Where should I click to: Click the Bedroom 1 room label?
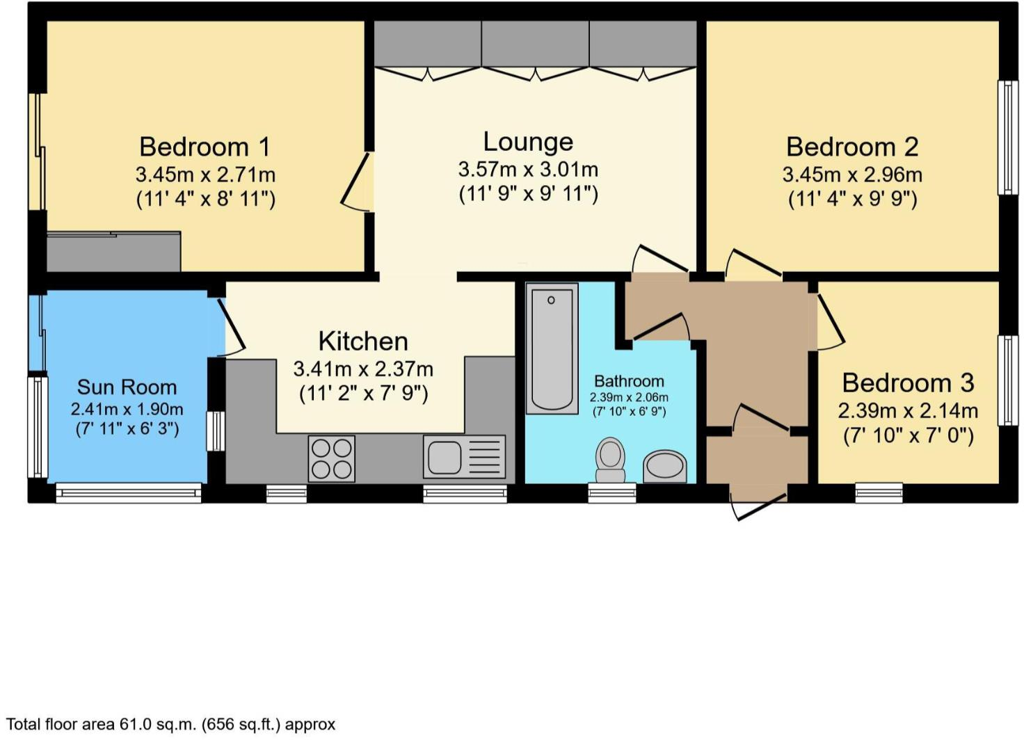[205, 147]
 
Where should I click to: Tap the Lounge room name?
[528, 141]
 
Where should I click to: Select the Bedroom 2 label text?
[852, 147]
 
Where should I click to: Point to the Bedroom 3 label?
[908, 383]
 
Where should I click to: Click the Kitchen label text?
[363, 341]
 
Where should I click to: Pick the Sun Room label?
[127, 387]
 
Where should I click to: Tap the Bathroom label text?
[629, 381]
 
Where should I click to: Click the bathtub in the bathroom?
[552, 348]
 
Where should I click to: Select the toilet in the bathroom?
[610, 460]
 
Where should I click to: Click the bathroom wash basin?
[665, 466]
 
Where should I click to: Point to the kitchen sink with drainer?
[463, 457]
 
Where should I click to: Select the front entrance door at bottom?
[758, 504]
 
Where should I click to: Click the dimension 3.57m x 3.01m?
[528, 169]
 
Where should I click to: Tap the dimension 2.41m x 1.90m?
[127, 409]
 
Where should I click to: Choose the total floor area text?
[170, 725]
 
